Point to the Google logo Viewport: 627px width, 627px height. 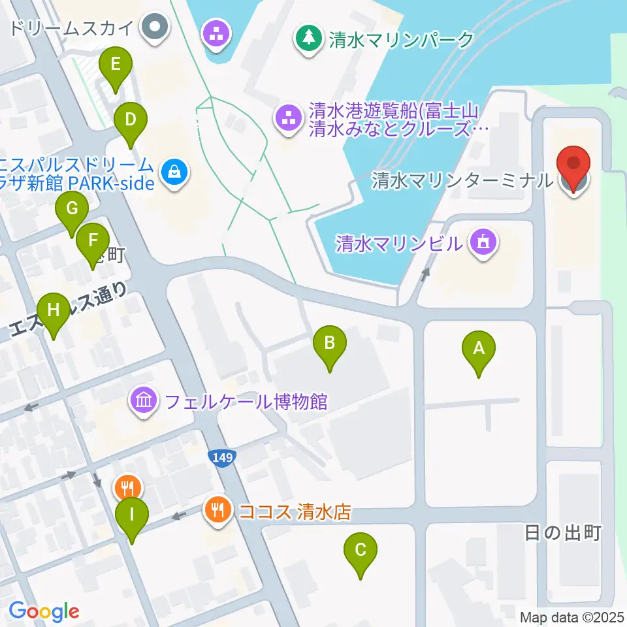44,611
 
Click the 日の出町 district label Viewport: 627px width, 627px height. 562,534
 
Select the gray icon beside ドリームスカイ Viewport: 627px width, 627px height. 155,27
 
